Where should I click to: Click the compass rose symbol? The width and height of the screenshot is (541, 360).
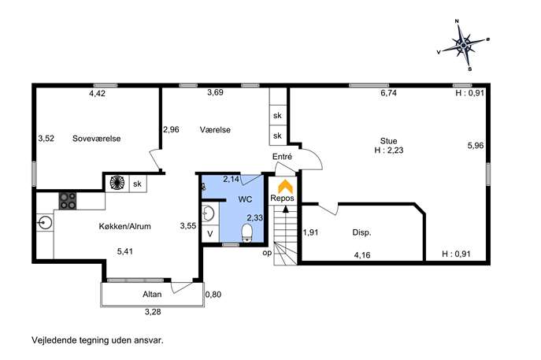pos(463,45)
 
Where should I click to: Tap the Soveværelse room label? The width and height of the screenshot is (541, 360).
pos(97,139)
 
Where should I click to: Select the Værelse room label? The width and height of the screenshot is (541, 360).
pos(215,130)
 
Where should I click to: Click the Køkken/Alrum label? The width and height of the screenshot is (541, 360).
pos(125,226)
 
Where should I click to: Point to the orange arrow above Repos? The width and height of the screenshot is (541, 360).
pos(285,187)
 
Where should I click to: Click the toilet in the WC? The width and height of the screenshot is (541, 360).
pos(247,232)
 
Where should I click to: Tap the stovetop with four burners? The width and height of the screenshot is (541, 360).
pos(68,201)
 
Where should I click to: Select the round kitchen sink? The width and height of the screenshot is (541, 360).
pos(45,223)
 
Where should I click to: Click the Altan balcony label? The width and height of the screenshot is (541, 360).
pos(152,294)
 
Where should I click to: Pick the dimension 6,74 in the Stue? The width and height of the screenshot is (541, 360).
pos(388,93)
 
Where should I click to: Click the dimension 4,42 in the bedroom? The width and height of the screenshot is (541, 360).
pos(98,93)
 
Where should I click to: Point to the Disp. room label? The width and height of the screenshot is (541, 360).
pos(361,232)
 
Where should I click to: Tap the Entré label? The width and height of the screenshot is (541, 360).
pos(282,157)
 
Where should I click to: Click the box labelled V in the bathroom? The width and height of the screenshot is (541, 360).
pos(210,234)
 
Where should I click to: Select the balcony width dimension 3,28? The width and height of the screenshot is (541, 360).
pos(153,312)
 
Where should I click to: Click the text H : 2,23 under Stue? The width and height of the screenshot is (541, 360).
pos(389,150)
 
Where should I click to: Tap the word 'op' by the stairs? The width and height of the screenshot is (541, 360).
pos(267,253)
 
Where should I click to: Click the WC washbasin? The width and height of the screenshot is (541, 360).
pos(208,213)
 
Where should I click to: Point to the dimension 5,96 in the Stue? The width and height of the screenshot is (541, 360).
pos(476,146)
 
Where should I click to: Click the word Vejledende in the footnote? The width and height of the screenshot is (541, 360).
pos(54,340)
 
